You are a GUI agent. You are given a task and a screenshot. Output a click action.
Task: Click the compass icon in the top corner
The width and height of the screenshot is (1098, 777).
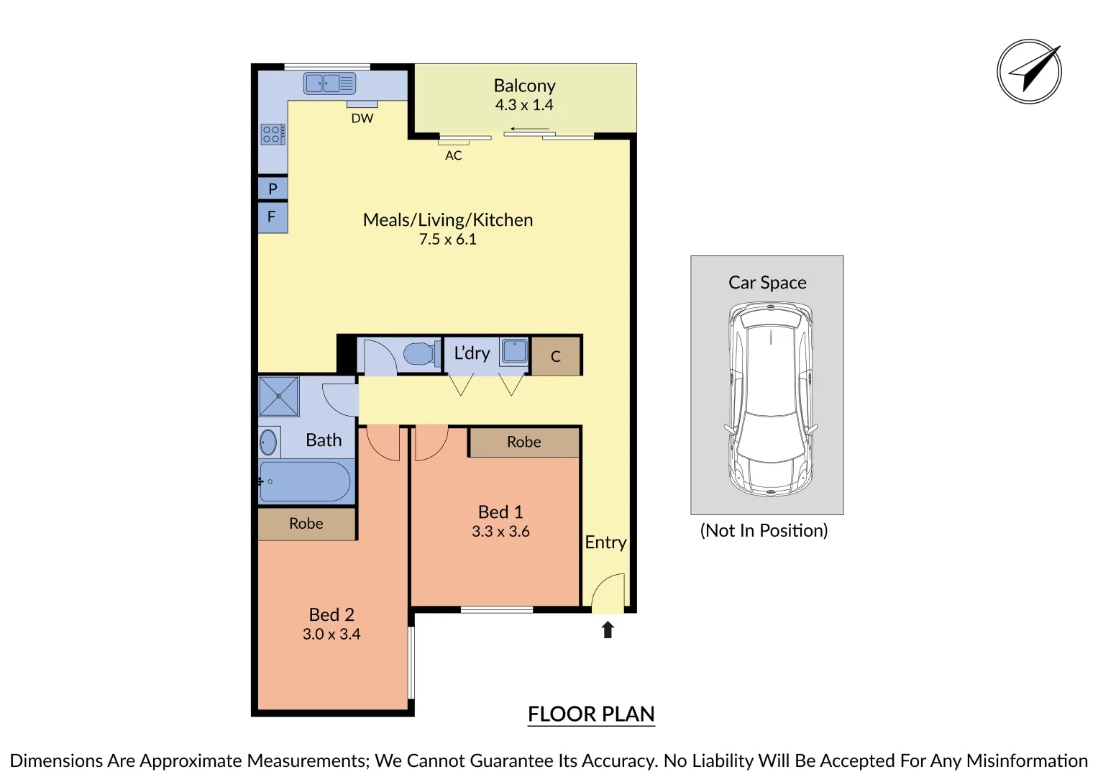pos(1029,71)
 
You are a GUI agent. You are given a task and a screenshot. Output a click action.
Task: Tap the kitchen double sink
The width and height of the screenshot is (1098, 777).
pos(329,83)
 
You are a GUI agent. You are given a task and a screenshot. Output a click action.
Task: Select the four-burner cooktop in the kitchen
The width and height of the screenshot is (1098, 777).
pos(273,134)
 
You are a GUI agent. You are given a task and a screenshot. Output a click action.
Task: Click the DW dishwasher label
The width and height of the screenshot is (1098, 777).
pos(362,118)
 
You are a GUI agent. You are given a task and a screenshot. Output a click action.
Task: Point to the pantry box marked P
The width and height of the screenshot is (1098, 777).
pos(273,188)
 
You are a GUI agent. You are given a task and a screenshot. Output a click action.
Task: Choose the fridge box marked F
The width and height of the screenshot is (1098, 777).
pos(273,217)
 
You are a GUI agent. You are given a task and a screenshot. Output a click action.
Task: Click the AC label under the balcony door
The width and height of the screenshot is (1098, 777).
pos(453,155)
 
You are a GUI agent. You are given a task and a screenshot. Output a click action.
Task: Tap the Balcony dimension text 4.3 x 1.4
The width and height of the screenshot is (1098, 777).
pos(524,105)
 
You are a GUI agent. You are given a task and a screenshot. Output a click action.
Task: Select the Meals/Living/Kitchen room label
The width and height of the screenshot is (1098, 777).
pos(447,219)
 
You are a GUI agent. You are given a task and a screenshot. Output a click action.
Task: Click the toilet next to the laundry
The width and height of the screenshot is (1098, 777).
pos(421,354)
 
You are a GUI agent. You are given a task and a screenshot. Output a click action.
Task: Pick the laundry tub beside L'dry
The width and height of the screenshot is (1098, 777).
pos(514,351)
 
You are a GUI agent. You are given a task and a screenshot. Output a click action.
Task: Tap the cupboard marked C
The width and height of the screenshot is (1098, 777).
pos(555,356)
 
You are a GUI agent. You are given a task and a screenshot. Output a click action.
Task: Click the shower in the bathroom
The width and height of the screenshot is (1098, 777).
pos(278,396)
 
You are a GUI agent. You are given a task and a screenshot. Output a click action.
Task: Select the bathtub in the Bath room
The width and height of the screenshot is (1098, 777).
pos(306,481)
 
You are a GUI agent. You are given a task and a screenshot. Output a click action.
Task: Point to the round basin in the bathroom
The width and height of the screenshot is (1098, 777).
pos(268,442)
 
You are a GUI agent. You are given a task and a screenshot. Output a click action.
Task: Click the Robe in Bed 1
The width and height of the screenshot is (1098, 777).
pos(523,442)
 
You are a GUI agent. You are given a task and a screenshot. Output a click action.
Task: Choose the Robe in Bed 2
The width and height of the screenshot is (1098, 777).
pos(306,524)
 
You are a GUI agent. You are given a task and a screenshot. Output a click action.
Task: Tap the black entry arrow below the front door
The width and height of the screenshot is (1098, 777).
pos(608,630)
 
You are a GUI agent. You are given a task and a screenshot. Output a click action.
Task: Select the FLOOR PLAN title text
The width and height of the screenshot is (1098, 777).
pos(591,714)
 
